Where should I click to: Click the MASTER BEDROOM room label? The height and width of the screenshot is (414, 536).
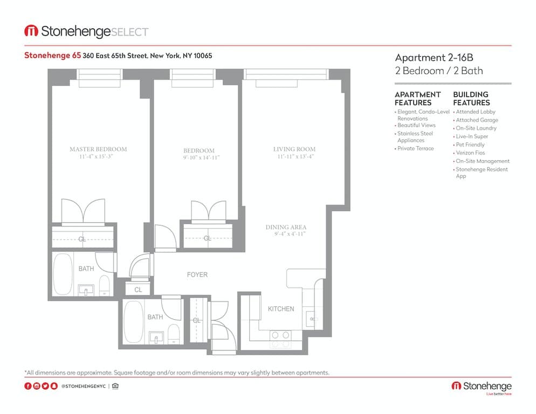pos(98,149)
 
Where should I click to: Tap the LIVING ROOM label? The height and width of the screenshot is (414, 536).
pos(294,149)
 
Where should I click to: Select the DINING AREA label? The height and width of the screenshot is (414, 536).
pos(286,227)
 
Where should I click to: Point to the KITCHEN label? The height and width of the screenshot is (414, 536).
pos(281,309)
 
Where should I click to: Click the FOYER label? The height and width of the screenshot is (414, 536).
pos(197,275)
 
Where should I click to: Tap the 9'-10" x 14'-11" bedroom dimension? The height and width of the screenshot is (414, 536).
pos(198,158)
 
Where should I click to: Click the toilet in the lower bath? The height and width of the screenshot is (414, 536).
pos(173,334)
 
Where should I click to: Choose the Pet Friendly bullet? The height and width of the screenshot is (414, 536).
pos(470,145)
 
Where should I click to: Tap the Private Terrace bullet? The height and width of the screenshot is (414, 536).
pos(415,148)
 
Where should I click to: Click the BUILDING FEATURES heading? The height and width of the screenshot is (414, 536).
pos(471,98)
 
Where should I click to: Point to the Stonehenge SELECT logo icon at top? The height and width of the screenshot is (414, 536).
pos(31,31)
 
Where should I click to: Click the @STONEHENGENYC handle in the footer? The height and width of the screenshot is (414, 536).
pos(83,386)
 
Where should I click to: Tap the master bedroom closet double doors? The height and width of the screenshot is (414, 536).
pos(83,211)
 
